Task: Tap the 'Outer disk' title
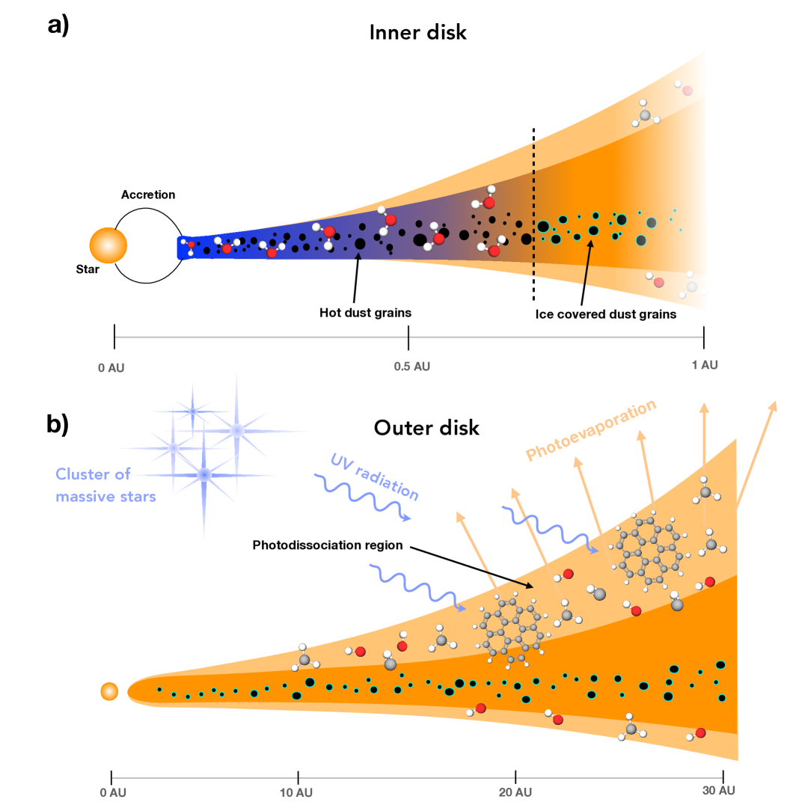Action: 426,428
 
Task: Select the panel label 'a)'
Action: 58,25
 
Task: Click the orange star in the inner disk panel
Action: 108,245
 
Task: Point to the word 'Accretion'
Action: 148,195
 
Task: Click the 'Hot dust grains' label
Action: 366,313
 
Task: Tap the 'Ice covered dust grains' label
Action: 606,314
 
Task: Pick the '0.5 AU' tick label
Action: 412,367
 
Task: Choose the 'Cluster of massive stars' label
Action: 105,485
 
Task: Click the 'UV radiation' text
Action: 374,477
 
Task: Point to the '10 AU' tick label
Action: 298,792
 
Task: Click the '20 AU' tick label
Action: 516,792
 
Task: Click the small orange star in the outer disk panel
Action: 109,691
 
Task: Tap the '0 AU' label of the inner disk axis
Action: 111,367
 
